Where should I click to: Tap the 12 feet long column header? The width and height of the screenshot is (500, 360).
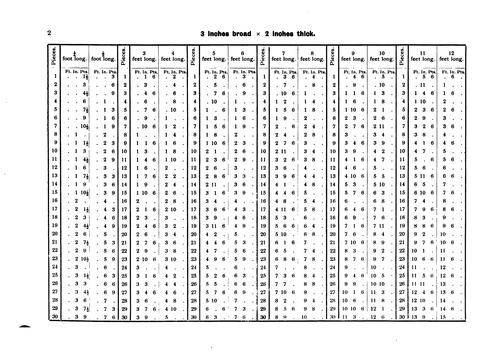click(456, 55)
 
